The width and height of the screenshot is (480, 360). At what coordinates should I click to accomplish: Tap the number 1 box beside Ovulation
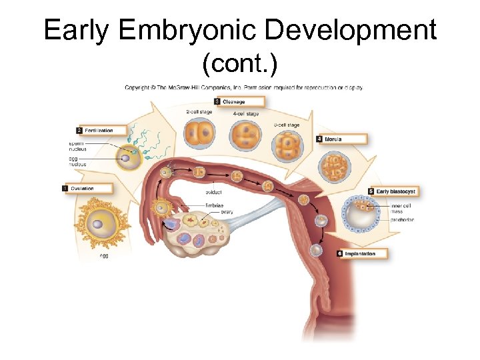pyautogui.click(x=65, y=189)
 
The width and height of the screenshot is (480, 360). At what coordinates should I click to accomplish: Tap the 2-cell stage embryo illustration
pyautogui.click(x=200, y=135)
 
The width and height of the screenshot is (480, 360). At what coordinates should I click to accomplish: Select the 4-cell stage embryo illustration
pyautogui.click(x=245, y=138)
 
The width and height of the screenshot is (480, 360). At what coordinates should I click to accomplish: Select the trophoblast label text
pyautogui.click(x=403, y=219)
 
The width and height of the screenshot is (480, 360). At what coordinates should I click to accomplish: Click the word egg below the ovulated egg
pyautogui.click(x=103, y=255)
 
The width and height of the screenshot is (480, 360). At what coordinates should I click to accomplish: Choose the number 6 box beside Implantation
pyautogui.click(x=340, y=254)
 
